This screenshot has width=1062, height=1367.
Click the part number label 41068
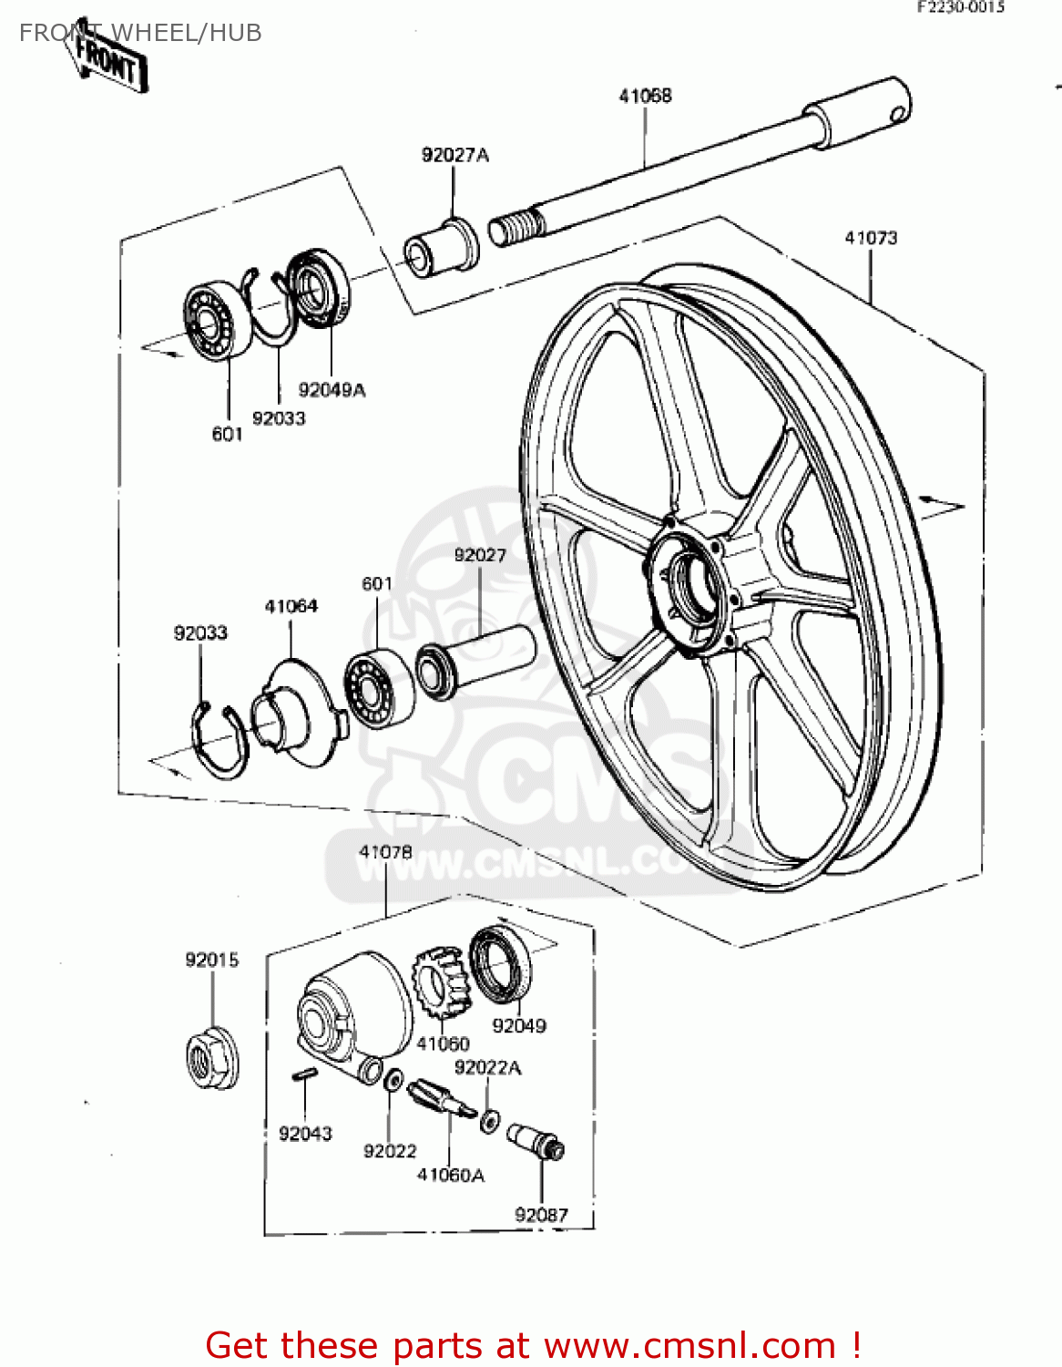click(645, 96)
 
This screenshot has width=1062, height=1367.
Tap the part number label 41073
click(871, 238)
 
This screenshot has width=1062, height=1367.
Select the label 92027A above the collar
click(454, 155)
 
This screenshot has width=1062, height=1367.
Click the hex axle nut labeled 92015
click(212, 1059)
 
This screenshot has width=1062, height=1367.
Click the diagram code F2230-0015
click(960, 7)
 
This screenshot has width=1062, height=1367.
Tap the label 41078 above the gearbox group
click(385, 852)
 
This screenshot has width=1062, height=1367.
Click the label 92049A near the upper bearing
click(332, 390)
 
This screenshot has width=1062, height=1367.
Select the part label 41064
click(291, 606)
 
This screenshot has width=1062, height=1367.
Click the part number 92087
click(541, 1215)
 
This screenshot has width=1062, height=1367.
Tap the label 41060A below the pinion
click(450, 1176)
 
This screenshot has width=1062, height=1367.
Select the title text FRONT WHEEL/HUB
click(140, 33)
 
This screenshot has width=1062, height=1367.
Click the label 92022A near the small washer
click(487, 1068)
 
